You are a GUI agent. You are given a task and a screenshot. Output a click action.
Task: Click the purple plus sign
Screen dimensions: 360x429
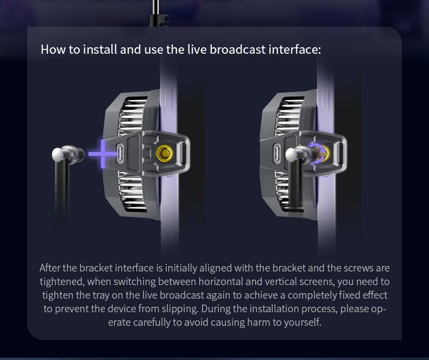(x=103, y=154)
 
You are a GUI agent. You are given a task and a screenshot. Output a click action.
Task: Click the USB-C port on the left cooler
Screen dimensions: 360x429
(x=122, y=155)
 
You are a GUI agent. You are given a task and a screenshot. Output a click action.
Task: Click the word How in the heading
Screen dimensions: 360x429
(x=53, y=50)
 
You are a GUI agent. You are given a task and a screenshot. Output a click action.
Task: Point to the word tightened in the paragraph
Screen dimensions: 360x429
(x=61, y=282)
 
